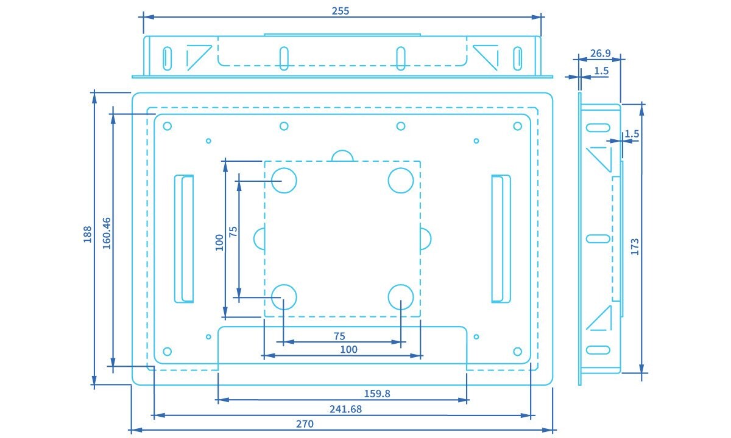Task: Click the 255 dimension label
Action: tap(341, 10)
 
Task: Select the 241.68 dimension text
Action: tap(345, 409)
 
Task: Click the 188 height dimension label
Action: tap(87, 235)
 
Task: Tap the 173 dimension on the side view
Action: tap(635, 246)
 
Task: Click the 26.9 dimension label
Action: tap(601, 54)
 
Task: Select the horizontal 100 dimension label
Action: tap(348, 349)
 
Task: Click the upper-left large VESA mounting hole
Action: tap(283, 180)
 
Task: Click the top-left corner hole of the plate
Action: tap(168, 127)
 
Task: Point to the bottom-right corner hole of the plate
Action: tap(517, 351)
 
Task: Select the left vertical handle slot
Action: tap(184, 238)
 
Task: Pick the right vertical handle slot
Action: tap(501, 238)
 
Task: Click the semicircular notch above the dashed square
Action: tap(342, 156)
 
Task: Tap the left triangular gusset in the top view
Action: tap(198, 57)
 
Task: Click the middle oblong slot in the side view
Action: tap(598, 238)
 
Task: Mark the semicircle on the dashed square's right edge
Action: tap(425, 238)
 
